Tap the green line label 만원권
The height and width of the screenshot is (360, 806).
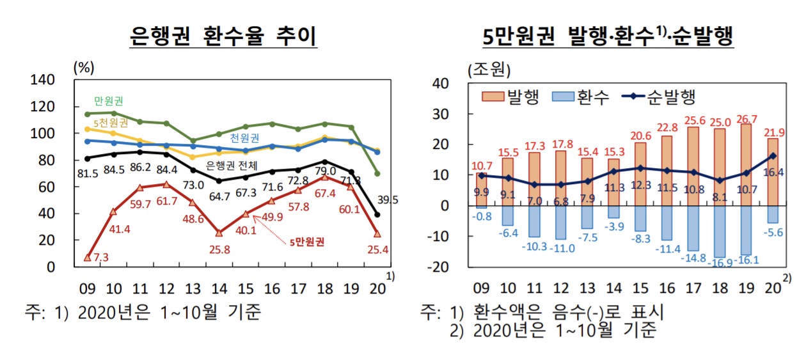point(109,100)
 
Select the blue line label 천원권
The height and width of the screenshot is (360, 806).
point(244,137)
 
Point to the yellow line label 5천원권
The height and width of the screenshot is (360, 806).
point(111,122)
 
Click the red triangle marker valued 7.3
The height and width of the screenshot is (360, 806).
point(87,257)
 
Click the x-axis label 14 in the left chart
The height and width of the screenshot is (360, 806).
point(219,288)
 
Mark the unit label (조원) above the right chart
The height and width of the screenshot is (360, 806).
point(489,68)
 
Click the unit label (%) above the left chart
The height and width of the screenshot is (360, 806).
point(84,67)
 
